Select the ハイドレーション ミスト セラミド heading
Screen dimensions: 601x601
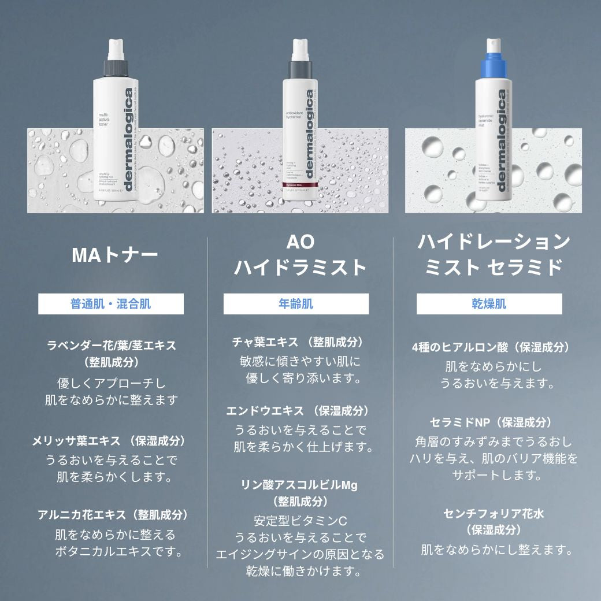[x=494, y=254]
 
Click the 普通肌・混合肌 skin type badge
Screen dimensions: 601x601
[x=111, y=303]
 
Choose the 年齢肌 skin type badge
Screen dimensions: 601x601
[x=296, y=303]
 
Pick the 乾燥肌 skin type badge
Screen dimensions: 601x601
[x=489, y=303]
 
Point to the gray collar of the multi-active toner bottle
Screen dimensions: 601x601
[x=112, y=67]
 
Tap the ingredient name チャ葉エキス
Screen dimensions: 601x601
[x=265, y=342]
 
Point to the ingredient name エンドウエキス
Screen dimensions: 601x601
[x=265, y=411]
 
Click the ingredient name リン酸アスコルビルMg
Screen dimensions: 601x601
[x=299, y=485]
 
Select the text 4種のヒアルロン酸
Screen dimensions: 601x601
[x=459, y=347]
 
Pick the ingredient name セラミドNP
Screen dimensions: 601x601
[x=460, y=422]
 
